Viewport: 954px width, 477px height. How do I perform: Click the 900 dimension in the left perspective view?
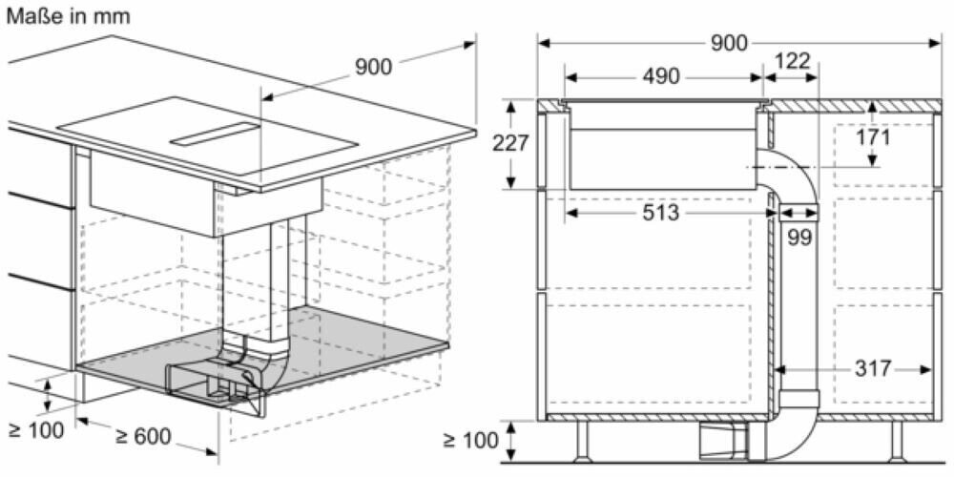(x=373, y=67)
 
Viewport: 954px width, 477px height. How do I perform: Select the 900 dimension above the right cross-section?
(x=729, y=44)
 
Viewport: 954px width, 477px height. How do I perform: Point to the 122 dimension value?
(x=792, y=62)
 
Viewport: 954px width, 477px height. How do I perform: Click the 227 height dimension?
(x=510, y=143)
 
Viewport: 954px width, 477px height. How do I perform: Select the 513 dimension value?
(x=660, y=214)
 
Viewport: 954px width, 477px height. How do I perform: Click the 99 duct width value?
(x=799, y=238)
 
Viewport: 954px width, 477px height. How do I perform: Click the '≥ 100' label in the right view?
(x=470, y=441)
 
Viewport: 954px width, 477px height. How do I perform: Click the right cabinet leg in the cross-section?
(x=897, y=439)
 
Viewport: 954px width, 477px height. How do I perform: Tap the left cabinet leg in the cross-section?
(x=582, y=439)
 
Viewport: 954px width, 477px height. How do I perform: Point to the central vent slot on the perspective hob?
(x=216, y=135)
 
